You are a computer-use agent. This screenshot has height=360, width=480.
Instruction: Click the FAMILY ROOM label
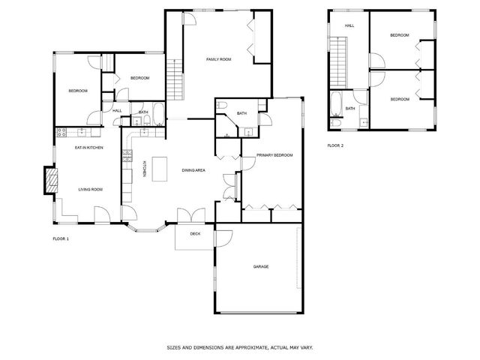[x=219, y=58]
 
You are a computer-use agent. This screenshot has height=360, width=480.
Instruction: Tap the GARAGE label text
[x=260, y=266]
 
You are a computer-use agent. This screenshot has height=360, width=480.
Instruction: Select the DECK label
[x=195, y=234]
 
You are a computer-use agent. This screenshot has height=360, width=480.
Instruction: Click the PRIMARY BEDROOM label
[x=274, y=154]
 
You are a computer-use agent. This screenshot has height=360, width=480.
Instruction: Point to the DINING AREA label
[x=193, y=170]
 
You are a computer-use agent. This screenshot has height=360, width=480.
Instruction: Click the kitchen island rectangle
[x=159, y=169]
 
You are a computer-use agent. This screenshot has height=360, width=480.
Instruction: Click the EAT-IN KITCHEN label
[x=88, y=148]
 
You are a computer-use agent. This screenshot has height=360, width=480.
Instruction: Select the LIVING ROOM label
[x=90, y=189]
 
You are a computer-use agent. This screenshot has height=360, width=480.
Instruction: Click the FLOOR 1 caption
[x=61, y=238]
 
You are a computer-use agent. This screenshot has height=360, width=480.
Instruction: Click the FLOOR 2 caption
[x=335, y=145]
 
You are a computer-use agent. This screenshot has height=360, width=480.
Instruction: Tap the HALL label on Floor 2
[x=349, y=25]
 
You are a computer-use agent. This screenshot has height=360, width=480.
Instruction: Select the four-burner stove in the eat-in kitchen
[x=63, y=133]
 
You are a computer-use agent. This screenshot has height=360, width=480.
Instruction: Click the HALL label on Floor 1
[x=117, y=111]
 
